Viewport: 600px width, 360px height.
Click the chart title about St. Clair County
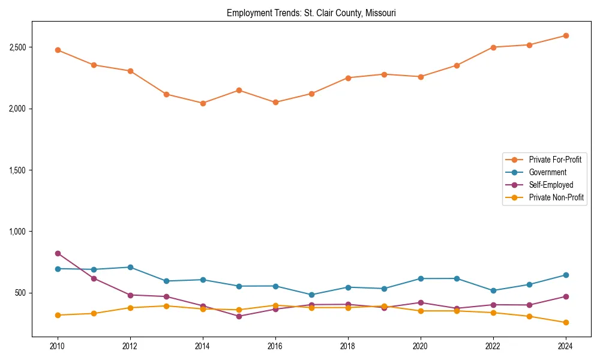click(311, 13)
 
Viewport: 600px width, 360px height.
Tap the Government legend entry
click(547, 172)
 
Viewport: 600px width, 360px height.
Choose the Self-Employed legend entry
click(551, 185)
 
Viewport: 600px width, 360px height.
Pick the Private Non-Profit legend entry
click(556, 197)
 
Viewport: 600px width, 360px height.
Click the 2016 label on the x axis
click(275, 346)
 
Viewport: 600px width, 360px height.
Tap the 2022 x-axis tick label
click(493, 346)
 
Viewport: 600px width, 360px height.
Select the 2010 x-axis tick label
click(58, 346)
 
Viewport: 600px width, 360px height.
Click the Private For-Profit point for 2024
click(566, 35)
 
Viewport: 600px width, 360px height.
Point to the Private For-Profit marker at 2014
click(203, 103)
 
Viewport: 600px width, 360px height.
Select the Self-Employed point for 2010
click(58, 253)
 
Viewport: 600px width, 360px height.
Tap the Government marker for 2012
click(130, 267)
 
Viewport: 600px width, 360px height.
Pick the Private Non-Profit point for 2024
click(566, 323)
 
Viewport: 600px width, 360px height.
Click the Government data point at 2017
click(311, 295)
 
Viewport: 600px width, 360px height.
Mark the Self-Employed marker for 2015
click(239, 316)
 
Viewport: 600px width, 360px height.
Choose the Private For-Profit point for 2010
click(58, 50)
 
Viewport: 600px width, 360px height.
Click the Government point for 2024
click(566, 275)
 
